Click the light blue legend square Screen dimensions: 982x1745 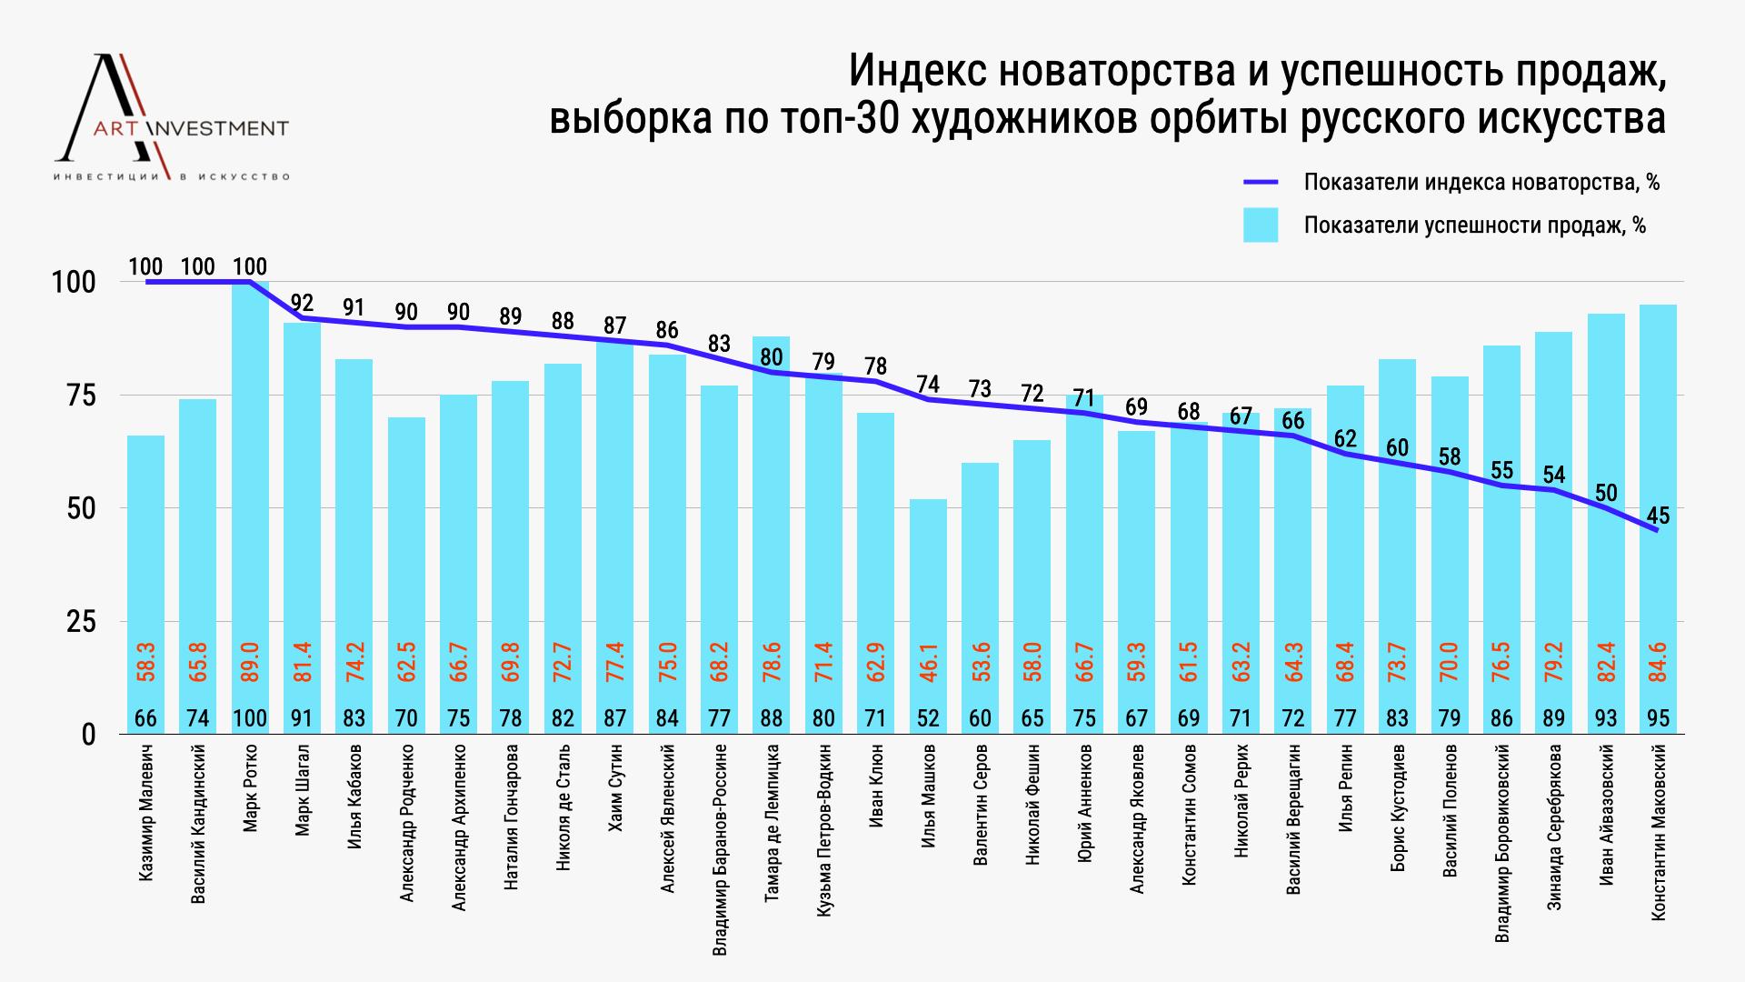[x=1260, y=225]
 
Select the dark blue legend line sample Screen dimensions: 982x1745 [x=1260, y=182]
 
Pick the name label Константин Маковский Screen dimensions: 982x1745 [x=1659, y=832]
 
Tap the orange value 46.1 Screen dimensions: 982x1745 [x=929, y=660]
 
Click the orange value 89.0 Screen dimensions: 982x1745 [x=251, y=660]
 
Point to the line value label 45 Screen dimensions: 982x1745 [x=1658, y=516]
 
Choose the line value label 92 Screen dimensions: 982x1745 [x=302, y=303]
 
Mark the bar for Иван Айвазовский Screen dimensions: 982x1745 [x=1606, y=523]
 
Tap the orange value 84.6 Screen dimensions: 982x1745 [x=1659, y=660]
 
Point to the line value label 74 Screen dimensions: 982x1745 [x=928, y=385]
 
